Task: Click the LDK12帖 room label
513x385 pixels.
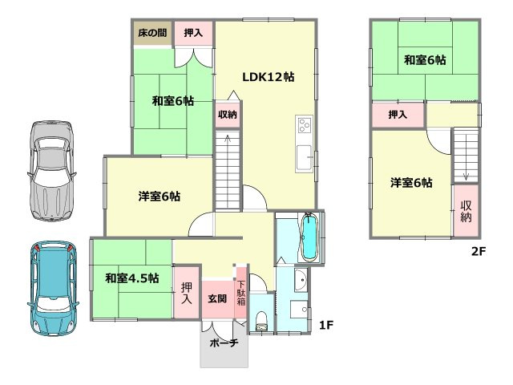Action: [268, 78]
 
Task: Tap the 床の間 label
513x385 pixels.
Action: [151, 33]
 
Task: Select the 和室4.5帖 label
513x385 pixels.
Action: [131, 278]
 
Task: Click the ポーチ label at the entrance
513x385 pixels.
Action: [224, 343]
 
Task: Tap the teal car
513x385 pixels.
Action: [51, 286]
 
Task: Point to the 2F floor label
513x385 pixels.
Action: [479, 250]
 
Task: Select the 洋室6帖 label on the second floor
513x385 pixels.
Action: [411, 183]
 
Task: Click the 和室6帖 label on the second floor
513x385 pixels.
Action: [425, 60]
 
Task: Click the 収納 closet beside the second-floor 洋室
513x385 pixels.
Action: [466, 209]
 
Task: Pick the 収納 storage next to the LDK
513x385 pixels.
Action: [227, 115]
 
